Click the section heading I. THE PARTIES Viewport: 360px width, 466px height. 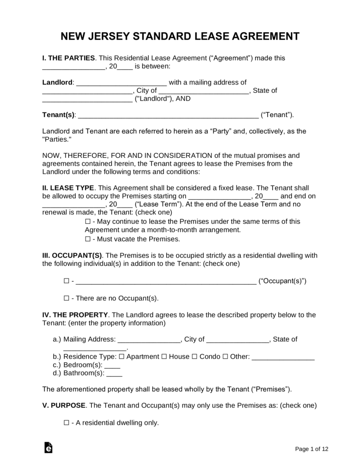(69, 58)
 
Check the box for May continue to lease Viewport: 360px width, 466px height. (88, 222)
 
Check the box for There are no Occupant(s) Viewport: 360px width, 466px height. (66, 298)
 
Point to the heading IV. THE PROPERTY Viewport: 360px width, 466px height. (75, 315)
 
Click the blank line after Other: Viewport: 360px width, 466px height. (283, 357)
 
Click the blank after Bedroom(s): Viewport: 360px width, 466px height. (112, 365)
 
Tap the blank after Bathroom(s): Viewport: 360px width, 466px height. (114, 374)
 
